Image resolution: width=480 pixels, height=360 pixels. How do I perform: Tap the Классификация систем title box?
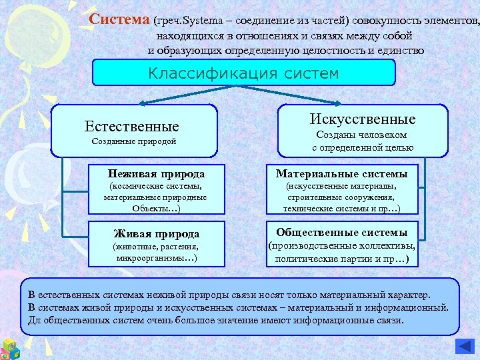tap(243, 73)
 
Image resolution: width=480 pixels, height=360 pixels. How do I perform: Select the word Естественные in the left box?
tap(132, 126)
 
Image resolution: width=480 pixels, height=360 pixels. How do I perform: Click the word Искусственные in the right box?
tap(363, 119)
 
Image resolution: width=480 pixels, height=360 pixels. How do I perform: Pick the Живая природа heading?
tap(157, 234)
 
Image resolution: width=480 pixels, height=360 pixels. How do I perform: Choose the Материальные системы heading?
tap(342, 174)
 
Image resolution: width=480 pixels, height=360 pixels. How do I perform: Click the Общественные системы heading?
tap(342, 233)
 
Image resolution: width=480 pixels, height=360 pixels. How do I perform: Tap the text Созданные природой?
tap(133, 141)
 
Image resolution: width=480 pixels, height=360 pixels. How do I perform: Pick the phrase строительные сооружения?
tap(341, 197)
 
